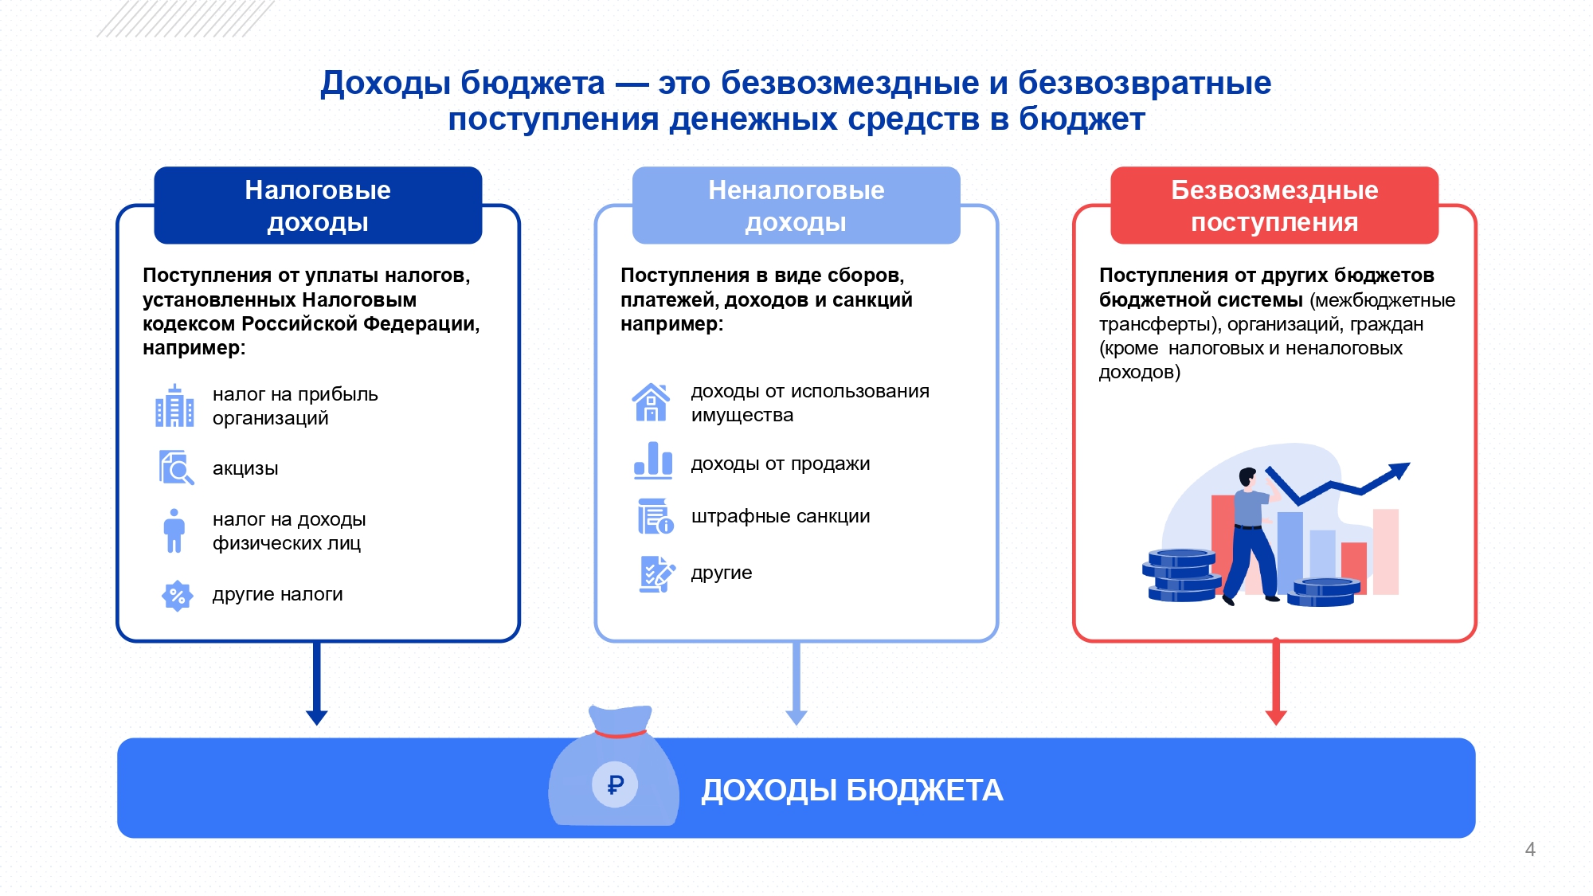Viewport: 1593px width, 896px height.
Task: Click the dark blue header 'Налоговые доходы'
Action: click(x=318, y=205)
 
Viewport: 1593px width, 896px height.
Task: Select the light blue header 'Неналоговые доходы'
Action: click(x=796, y=205)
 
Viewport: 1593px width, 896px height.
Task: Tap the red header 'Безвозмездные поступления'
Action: click(x=1274, y=205)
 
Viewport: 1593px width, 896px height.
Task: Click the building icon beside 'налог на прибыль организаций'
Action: click(x=174, y=406)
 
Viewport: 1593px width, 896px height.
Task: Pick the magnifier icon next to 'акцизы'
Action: click(x=176, y=468)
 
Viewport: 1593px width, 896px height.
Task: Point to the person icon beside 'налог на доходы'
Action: click(x=174, y=530)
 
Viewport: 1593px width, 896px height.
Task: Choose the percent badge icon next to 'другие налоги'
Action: click(x=177, y=595)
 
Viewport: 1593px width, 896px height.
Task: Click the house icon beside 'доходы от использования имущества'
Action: click(x=652, y=402)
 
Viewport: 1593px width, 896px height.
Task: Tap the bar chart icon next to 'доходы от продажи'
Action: click(x=653, y=460)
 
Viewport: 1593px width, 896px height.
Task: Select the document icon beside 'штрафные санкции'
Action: click(x=655, y=516)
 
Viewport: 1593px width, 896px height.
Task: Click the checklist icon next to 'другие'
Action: click(x=656, y=573)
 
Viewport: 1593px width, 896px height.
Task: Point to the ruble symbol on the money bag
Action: click(x=615, y=785)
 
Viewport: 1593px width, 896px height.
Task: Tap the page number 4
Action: click(x=1530, y=849)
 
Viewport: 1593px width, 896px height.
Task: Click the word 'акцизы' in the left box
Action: click(x=245, y=468)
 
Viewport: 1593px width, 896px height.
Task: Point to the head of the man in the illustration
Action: click(x=1247, y=478)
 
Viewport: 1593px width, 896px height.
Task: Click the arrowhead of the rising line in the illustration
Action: click(x=1399, y=470)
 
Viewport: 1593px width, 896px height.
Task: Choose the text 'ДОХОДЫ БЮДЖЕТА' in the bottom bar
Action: click(x=851, y=790)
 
